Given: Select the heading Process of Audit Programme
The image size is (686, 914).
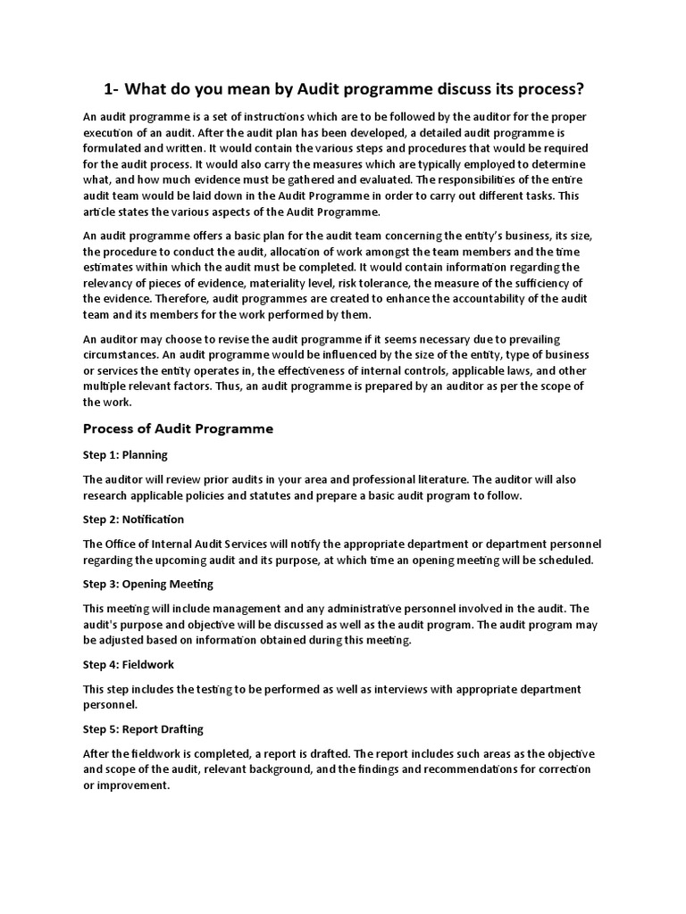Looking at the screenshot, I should coord(178,428).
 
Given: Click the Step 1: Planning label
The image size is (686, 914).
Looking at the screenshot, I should coord(125,454).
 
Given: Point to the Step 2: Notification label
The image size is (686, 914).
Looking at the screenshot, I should coord(133,519).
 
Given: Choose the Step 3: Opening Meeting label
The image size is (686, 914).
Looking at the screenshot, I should coord(147,585).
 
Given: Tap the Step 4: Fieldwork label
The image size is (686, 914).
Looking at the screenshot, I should coord(129,665).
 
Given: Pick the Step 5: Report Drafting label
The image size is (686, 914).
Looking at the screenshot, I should coord(143,729).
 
